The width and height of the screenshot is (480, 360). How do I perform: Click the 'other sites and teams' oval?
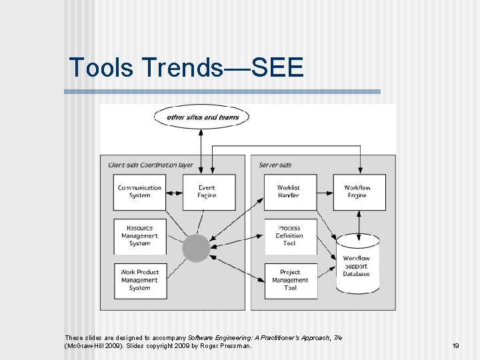(x=201, y=117)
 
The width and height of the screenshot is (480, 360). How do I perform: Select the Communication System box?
(x=140, y=192)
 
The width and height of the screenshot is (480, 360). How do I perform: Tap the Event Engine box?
(x=207, y=192)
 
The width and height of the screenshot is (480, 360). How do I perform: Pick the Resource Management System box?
(x=140, y=236)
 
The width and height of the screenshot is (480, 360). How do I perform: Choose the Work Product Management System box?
(x=140, y=280)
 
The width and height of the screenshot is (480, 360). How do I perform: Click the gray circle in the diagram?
(x=196, y=248)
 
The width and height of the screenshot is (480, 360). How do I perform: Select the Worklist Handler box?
(x=289, y=192)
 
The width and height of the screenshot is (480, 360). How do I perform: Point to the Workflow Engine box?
(x=357, y=192)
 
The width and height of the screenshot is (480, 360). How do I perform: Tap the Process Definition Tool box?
(x=289, y=236)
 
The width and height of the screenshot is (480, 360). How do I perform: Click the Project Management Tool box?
(x=290, y=280)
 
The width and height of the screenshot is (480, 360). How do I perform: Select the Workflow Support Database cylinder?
(x=357, y=265)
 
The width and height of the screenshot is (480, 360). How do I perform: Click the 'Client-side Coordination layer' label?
(x=151, y=165)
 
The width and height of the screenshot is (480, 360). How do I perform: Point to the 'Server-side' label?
(x=275, y=165)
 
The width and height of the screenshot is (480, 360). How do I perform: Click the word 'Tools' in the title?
(x=101, y=67)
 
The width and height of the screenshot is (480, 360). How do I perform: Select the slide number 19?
(x=456, y=346)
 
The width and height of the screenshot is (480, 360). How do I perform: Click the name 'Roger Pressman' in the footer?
(x=226, y=346)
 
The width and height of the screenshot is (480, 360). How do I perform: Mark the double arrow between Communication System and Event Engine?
(x=173, y=193)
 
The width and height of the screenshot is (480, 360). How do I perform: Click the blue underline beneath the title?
(x=222, y=91)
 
